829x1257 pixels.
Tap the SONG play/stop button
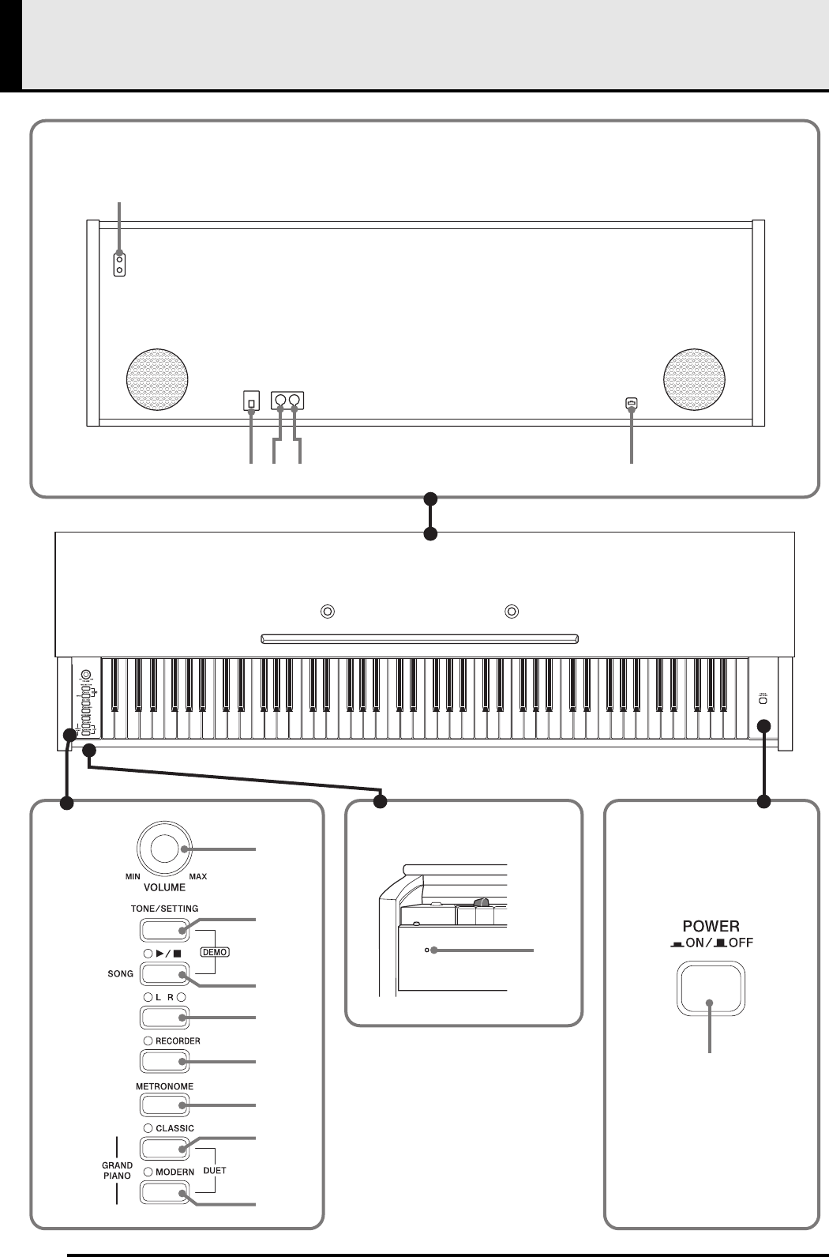(x=163, y=974)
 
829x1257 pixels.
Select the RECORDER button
(x=163, y=1060)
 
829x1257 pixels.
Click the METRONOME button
(x=163, y=1104)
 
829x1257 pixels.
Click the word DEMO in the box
(x=215, y=952)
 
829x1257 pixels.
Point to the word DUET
(x=214, y=1170)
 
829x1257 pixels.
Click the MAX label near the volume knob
(x=198, y=876)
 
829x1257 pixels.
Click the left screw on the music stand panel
(x=328, y=611)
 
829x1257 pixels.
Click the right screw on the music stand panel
(x=512, y=611)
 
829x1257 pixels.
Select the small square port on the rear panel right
(x=631, y=402)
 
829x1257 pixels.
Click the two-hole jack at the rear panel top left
(x=119, y=265)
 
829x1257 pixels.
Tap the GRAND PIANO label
(x=117, y=1170)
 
